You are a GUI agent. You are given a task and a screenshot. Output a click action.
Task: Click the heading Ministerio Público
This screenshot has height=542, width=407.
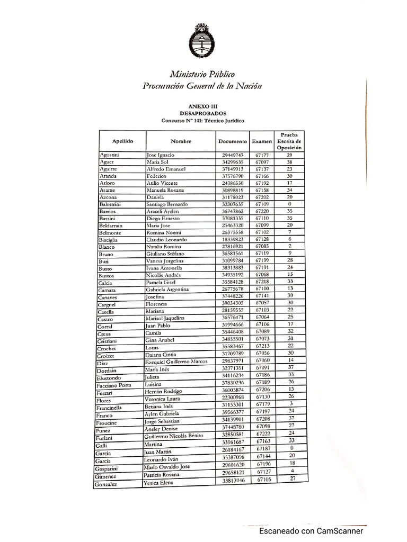click(x=202, y=74)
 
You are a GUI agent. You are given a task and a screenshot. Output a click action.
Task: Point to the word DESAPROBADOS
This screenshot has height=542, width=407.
click(x=203, y=113)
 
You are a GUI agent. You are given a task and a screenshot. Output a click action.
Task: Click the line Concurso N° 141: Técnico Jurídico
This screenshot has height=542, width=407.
click(x=203, y=121)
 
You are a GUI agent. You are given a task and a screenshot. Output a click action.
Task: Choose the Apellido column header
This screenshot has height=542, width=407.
click(x=122, y=141)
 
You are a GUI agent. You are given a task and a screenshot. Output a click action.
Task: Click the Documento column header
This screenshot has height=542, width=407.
click(x=232, y=141)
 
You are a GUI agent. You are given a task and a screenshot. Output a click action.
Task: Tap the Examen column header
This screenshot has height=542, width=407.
click(x=262, y=141)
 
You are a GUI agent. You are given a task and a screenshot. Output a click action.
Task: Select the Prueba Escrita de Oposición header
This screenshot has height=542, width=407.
click(x=290, y=141)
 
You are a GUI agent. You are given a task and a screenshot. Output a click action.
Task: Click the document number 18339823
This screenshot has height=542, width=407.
click(x=233, y=240)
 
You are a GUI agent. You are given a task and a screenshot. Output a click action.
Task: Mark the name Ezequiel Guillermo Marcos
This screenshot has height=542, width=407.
click(x=176, y=362)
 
